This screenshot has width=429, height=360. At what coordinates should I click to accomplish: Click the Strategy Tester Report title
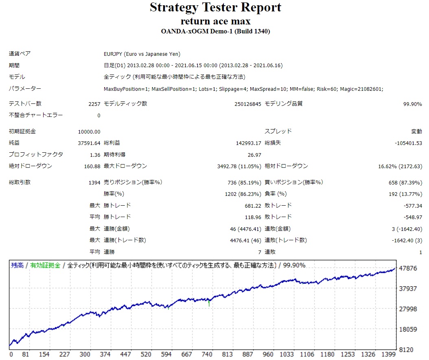[215, 7]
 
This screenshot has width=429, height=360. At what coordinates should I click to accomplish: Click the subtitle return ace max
[215, 21]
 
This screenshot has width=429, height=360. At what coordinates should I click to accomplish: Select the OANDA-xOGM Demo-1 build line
[215, 31]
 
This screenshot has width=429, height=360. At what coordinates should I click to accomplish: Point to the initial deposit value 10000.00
[89, 132]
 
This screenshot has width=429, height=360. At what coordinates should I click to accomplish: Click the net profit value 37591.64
[89, 143]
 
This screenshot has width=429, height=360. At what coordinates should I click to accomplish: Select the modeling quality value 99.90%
[412, 104]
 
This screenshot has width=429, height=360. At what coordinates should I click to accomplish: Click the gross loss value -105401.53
[408, 143]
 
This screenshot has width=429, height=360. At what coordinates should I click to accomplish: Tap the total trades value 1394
[94, 182]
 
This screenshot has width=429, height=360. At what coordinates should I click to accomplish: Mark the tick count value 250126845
[247, 104]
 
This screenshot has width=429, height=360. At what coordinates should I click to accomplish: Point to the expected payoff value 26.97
[254, 155]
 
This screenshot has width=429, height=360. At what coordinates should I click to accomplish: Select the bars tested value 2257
[94, 104]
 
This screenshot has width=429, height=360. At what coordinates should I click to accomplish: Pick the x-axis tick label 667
[186, 354]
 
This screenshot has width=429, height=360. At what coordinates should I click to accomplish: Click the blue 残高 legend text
[17, 266]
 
